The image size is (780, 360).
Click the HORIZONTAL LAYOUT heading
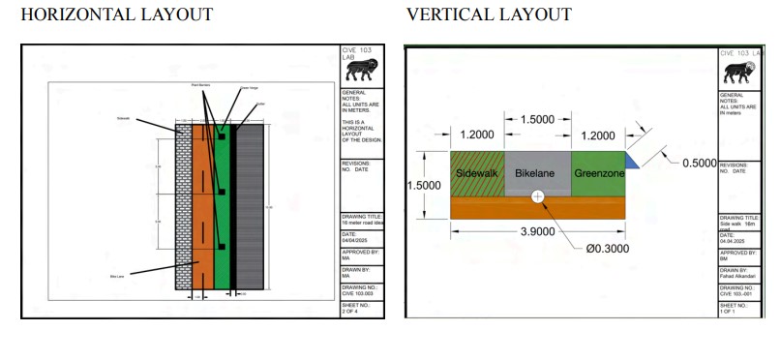tap(116, 15)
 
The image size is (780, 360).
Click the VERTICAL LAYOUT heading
tap(489, 15)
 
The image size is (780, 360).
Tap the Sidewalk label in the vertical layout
tap(476, 173)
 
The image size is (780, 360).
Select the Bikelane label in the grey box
tap(537, 173)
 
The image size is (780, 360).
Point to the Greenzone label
tap(598, 173)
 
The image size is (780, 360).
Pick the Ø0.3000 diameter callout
tap(608, 248)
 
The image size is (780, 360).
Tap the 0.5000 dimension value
tap(699, 164)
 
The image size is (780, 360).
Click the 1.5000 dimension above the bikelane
tap(537, 119)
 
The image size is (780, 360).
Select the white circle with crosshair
tap(538, 195)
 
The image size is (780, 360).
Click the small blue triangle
tap(630, 161)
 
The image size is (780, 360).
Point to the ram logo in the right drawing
tap(741, 72)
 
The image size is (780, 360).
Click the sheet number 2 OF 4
tap(351, 312)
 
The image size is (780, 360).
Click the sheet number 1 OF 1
tap(729, 312)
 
